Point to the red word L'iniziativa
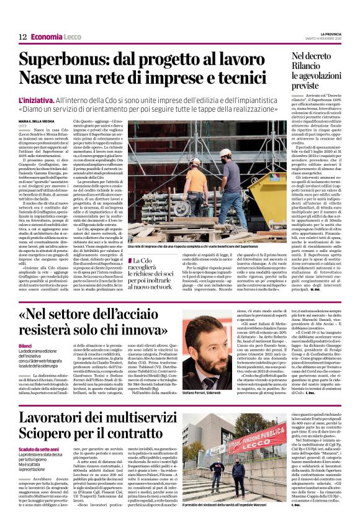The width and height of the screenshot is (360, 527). pyautogui.click(x=37, y=100)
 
